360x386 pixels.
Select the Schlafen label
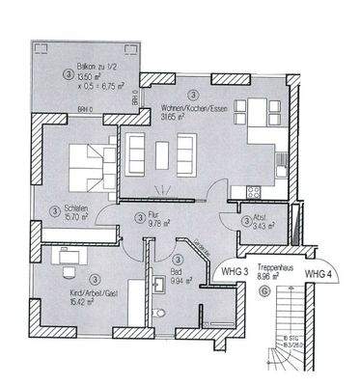coord(69,211)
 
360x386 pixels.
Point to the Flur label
coord(157,217)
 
